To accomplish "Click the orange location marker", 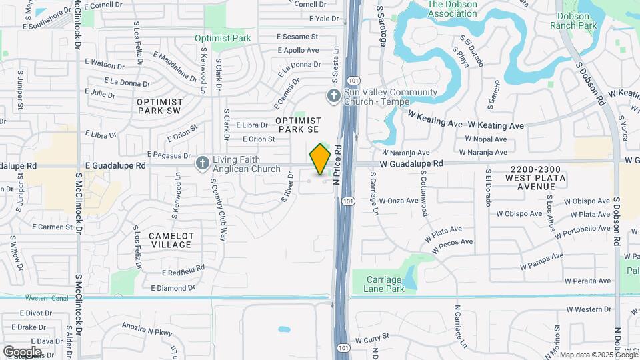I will pos(321,159).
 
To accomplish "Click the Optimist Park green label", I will pos(223,38).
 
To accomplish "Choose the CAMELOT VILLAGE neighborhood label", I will pos(171,240).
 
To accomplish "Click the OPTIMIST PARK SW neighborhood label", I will pos(159,106).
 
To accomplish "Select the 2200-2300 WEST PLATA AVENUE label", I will pos(535,174).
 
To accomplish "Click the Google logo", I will pos(22,351).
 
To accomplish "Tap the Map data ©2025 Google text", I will pos(598,355).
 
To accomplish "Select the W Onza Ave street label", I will pos(399,201).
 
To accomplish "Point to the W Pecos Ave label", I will pos(453,246).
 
